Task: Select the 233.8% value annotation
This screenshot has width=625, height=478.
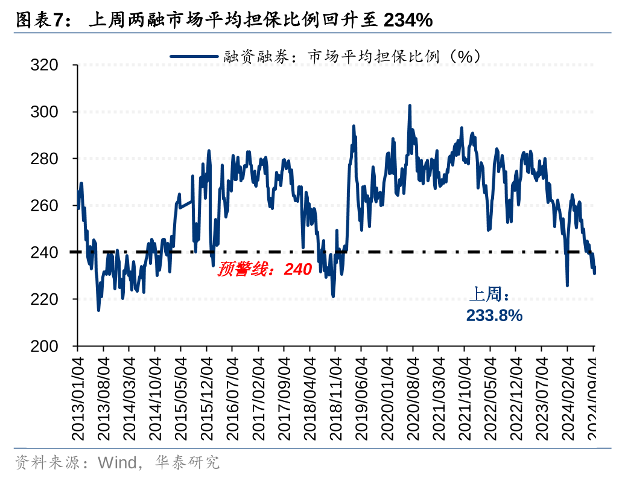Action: (494, 315)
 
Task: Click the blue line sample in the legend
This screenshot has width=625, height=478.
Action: (194, 56)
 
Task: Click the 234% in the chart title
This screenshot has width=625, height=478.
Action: (408, 21)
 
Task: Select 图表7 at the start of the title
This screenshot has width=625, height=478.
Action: (39, 21)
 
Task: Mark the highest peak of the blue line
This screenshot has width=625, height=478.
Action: (410, 106)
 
